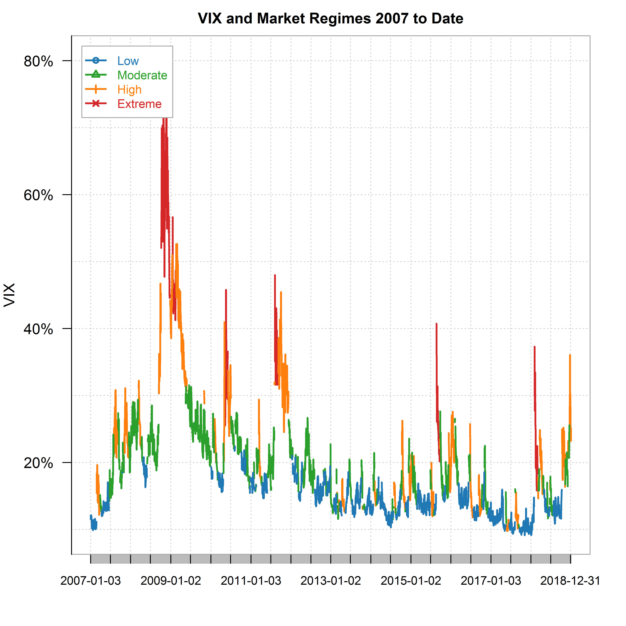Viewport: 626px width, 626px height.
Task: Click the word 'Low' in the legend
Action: [128, 61]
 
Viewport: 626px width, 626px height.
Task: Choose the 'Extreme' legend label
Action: [139, 104]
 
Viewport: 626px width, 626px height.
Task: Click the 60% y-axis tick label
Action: [38, 195]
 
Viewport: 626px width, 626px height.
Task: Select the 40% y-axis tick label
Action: [38, 329]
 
